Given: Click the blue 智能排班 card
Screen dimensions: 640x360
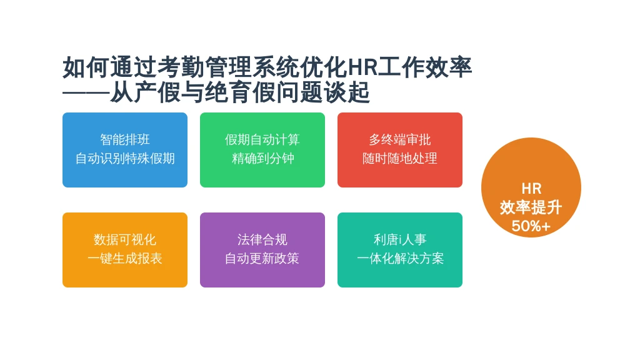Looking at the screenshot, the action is (125, 150).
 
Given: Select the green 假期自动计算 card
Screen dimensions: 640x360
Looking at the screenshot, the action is (262, 150).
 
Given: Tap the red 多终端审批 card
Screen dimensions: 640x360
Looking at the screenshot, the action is (400, 150).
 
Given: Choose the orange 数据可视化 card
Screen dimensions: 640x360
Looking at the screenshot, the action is (125, 250).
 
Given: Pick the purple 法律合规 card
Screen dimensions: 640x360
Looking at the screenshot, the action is (262, 250).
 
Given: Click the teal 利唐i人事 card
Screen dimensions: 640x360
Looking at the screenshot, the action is (400, 250).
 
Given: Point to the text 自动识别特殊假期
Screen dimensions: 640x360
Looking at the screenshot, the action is (125, 158).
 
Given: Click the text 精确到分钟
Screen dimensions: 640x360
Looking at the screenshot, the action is (262, 158).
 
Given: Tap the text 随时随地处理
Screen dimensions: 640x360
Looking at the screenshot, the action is (400, 158).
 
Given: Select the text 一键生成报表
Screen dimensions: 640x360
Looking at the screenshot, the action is (125, 258).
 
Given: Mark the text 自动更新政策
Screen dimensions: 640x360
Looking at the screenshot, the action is (262, 258).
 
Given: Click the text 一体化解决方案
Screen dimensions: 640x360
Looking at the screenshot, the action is (400, 258).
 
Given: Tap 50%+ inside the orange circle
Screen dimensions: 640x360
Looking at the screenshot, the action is (531, 226).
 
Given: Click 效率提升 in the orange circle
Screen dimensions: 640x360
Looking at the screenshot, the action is (531, 207).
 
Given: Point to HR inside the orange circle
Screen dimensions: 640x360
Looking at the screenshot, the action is (531, 189).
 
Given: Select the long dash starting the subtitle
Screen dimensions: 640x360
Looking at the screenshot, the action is (86, 92).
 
